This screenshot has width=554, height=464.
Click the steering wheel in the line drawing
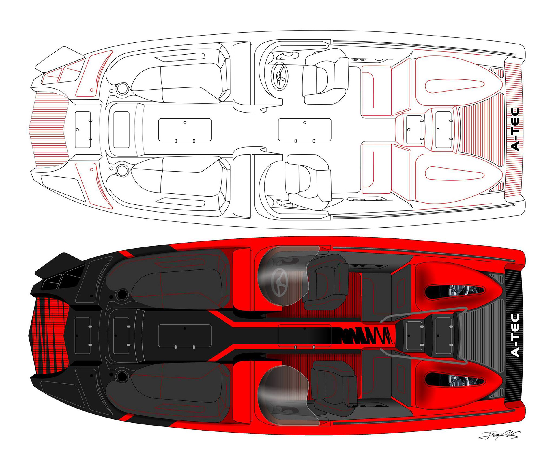[x=279, y=76]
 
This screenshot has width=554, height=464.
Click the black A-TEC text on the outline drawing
[x=515, y=130]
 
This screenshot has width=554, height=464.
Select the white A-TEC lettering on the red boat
[x=515, y=336]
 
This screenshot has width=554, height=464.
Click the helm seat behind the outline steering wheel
[x=325, y=76]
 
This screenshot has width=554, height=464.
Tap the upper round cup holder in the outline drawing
[x=122, y=88]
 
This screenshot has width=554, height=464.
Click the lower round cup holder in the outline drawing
[x=122, y=170]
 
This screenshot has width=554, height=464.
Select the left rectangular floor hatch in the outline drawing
[x=185, y=130]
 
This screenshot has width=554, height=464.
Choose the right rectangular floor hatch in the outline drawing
[x=305, y=130]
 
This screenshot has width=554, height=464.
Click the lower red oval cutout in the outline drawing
[x=455, y=173]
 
